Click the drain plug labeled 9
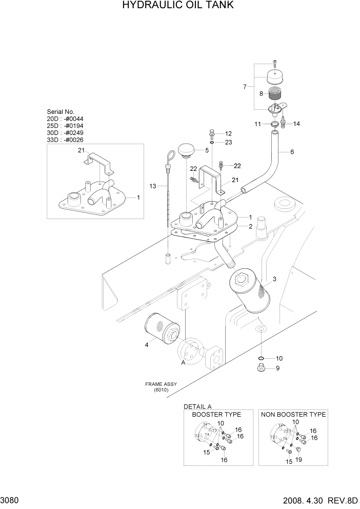pos(261,368)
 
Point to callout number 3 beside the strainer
pos(274,279)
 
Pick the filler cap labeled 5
pos(186,151)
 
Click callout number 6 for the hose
pos(292,152)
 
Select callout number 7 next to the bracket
pos(245,87)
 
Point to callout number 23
pos(228,142)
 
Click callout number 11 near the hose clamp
pos(258,124)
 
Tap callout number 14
pos(296,124)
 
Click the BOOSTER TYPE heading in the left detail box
pos(212,414)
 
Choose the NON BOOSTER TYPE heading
pos(293,414)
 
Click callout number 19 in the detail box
pos(299,460)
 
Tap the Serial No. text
pos(61,111)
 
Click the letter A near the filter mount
pos(183,362)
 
